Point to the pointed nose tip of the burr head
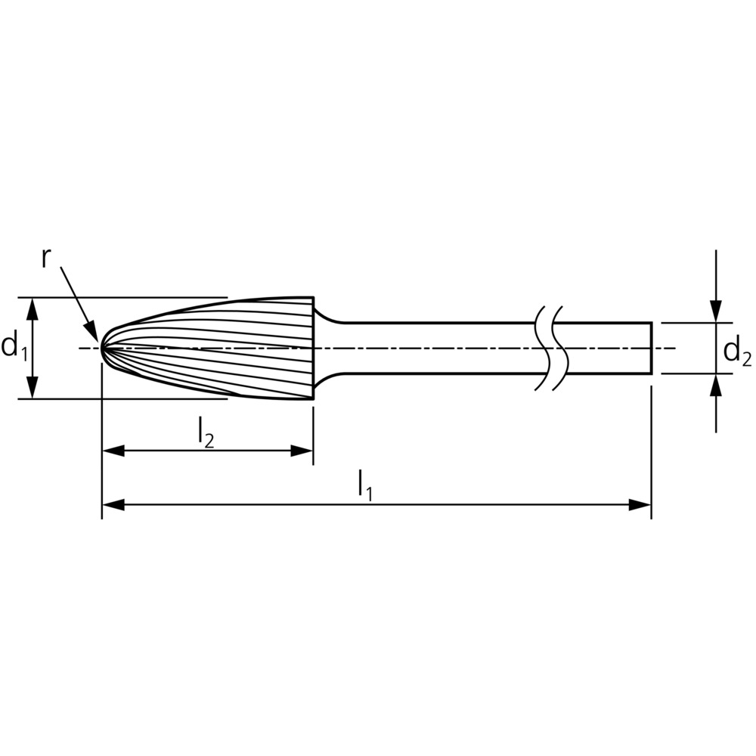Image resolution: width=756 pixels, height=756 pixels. click(101, 348)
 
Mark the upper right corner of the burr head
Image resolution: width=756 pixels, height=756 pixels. click(314, 297)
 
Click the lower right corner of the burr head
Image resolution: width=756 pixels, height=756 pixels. click(314, 398)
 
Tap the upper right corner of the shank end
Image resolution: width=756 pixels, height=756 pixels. click(652, 323)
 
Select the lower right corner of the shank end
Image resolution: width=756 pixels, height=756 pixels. click(652, 373)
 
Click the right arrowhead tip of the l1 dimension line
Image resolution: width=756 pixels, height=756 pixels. click(651, 505)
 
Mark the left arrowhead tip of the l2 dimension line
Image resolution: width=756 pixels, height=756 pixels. click(103, 451)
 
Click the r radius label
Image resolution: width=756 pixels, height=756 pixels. click(46, 259)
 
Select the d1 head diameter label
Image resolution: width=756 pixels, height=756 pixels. click(14, 346)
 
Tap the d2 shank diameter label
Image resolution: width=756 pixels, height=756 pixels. click(737, 351)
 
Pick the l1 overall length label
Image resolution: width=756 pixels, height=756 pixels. click(365, 486)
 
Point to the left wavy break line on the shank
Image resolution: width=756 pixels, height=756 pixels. click(544, 348)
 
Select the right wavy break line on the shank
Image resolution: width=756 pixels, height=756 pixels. click(560, 348)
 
